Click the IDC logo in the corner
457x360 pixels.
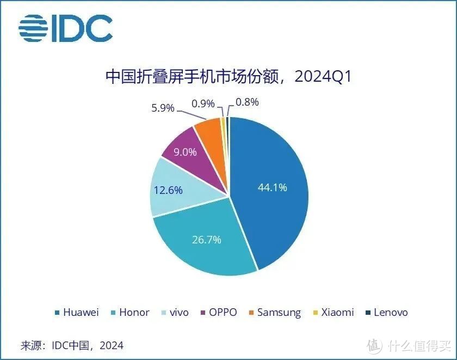pyautogui.click(x=65, y=28)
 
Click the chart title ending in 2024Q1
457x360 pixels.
pyautogui.click(x=228, y=76)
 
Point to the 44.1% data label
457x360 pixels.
pyautogui.click(x=272, y=188)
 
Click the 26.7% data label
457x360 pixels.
pyautogui.click(x=206, y=239)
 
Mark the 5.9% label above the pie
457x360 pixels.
pyautogui.click(x=163, y=108)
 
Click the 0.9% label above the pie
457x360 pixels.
pyautogui.click(x=203, y=103)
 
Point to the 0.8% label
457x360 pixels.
pyautogui.click(x=247, y=102)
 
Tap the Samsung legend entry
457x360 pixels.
pyautogui.click(x=274, y=313)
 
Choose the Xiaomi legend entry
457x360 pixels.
pyautogui.click(x=332, y=313)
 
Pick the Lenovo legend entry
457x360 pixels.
pyautogui.click(x=386, y=313)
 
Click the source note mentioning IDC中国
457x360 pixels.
pyautogui.click(x=72, y=345)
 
